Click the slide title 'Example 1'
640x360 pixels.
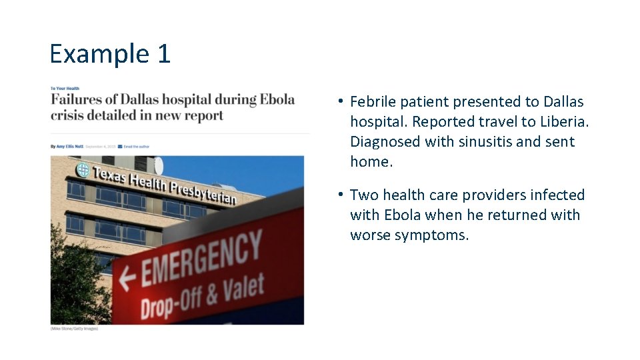(110, 53)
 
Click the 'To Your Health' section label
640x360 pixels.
(65, 88)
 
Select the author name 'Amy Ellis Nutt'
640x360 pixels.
(69, 146)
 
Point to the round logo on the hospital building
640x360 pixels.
(83, 169)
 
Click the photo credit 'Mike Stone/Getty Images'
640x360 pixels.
(74, 329)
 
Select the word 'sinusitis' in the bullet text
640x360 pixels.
(485, 142)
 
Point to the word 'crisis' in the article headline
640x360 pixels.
(68, 115)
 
